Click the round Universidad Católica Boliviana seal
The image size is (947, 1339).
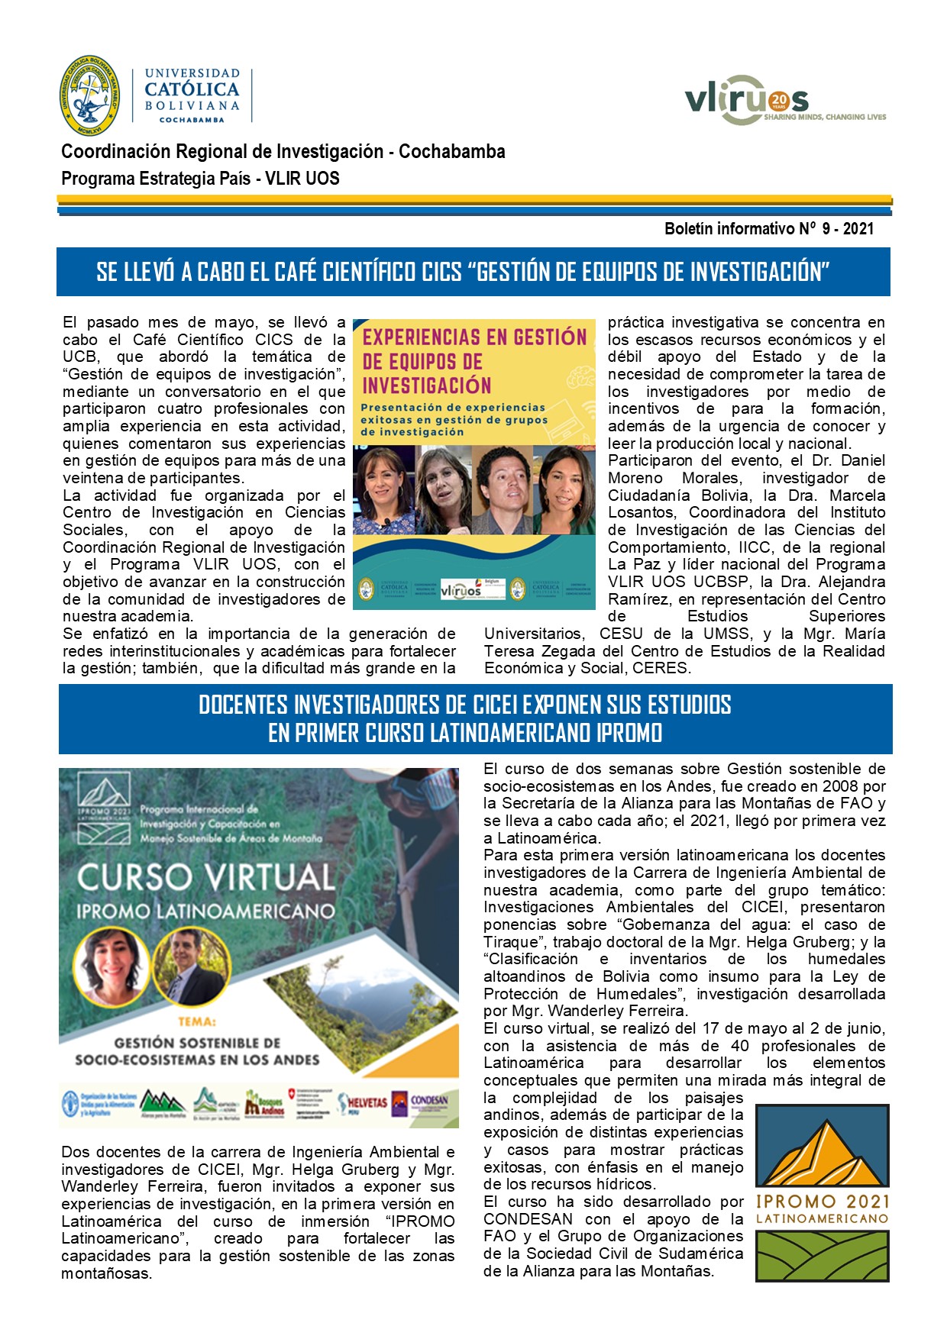(x=89, y=95)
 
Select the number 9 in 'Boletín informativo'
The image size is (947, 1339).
(x=826, y=228)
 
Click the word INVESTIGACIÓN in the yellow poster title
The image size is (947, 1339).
(x=426, y=386)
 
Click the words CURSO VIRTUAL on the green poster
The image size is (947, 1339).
(x=206, y=877)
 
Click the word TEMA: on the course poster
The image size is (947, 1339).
(x=197, y=1021)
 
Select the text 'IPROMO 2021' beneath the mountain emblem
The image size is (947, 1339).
(x=822, y=1202)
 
